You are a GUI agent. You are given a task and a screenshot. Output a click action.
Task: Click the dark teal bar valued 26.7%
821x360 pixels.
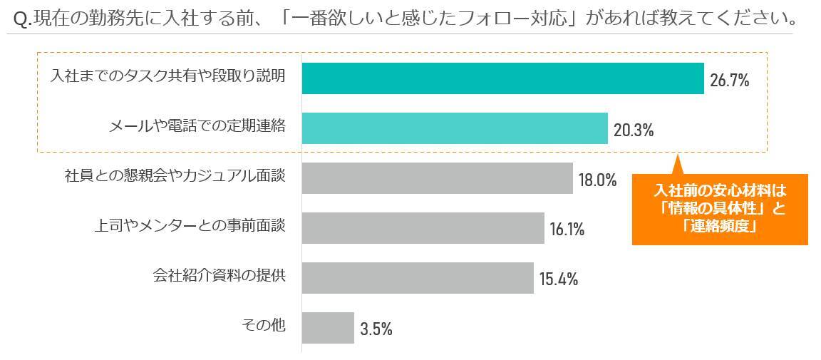point(502,78)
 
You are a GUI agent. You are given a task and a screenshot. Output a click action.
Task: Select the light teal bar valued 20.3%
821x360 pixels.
point(455,128)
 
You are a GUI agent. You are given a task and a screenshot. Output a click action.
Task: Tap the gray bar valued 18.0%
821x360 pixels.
point(437,178)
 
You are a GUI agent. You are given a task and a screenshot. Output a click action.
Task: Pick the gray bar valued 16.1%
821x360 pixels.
point(423,228)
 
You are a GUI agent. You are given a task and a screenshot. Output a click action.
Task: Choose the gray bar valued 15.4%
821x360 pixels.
point(418,278)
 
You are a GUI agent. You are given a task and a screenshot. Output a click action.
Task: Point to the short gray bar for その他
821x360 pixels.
point(328,328)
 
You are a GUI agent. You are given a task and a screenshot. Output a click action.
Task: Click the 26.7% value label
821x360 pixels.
point(729,81)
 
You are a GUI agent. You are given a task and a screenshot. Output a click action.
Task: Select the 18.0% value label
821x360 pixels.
point(597,180)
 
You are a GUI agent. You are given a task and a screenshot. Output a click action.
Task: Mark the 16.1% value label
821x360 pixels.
point(567,230)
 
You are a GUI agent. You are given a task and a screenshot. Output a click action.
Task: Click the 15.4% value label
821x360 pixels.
point(558,279)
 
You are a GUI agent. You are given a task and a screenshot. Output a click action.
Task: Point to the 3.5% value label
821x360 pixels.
point(376,329)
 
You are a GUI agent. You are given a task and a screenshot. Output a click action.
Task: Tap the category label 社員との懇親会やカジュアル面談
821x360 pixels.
point(175,175)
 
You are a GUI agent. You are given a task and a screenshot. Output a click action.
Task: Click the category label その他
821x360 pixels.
point(264,325)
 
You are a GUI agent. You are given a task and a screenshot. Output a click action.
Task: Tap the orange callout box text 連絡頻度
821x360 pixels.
point(719,227)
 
